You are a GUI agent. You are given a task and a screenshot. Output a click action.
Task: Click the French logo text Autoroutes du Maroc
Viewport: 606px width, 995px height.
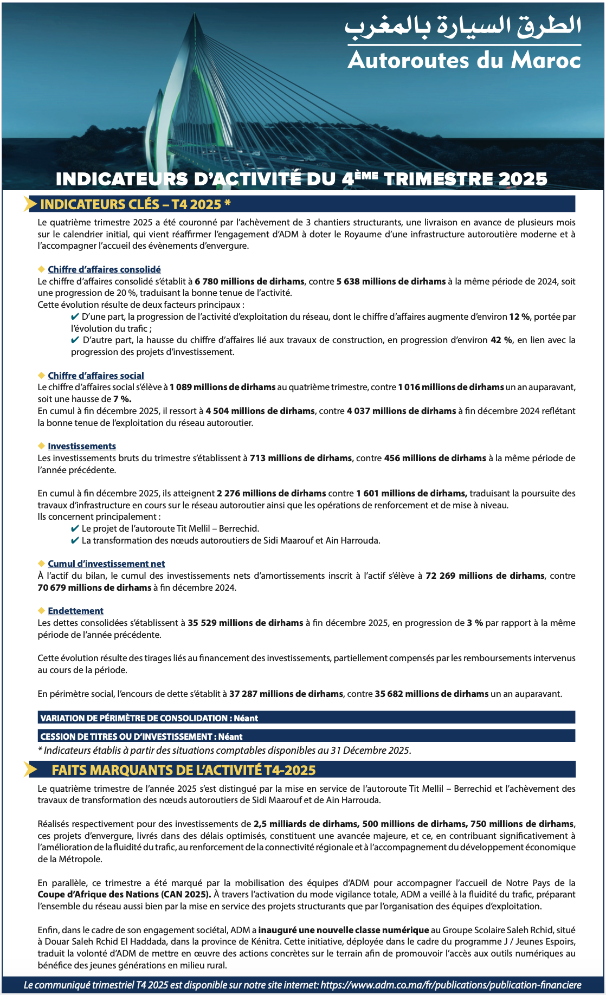click(x=464, y=60)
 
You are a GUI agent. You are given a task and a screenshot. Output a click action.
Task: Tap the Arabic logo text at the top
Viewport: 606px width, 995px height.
click(x=463, y=27)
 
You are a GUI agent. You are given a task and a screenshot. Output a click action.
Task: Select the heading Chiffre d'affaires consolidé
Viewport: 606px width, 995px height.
click(x=104, y=269)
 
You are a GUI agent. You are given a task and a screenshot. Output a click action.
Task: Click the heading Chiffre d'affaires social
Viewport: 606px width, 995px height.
click(x=96, y=376)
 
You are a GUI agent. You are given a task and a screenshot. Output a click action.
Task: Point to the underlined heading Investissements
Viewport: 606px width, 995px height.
click(x=82, y=446)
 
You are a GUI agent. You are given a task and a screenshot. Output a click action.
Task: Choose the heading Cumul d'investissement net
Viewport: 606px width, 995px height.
click(x=106, y=564)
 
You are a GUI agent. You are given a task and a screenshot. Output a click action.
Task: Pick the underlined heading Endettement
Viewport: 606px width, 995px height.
click(x=75, y=611)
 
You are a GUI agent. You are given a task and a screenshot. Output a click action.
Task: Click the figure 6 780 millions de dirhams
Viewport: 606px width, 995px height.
click(x=249, y=281)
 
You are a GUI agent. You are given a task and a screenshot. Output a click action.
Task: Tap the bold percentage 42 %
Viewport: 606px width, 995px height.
click(x=501, y=340)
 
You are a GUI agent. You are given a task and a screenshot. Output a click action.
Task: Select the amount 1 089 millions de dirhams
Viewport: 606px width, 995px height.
click(x=222, y=387)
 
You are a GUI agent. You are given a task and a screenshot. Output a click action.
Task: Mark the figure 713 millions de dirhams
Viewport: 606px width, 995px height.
click(x=301, y=458)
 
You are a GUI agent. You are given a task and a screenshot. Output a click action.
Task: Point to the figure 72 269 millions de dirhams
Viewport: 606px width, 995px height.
click(x=485, y=576)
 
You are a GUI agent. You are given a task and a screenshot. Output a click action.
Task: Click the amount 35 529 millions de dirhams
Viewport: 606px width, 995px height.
click(x=246, y=623)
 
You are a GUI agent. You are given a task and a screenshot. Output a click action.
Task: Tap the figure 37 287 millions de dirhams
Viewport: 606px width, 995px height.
click(x=286, y=694)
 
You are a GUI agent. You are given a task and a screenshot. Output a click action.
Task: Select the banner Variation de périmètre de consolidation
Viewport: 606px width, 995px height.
click(x=149, y=718)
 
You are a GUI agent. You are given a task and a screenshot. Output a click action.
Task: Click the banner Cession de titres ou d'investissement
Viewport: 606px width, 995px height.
click(x=141, y=736)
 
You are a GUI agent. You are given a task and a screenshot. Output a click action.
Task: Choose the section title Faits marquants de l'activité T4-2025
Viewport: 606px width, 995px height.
click(x=184, y=770)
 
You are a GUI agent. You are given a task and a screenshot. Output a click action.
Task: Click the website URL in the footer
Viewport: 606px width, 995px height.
click(x=451, y=985)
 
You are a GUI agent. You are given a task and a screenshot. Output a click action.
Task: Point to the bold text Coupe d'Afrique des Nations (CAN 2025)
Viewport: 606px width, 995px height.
click(x=124, y=894)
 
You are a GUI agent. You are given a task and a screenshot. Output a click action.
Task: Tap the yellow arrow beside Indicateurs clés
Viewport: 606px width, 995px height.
click(x=30, y=204)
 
